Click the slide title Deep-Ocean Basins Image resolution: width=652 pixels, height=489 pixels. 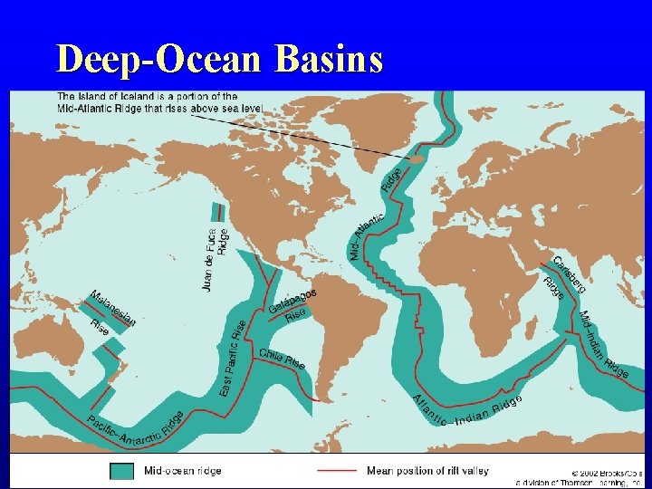click(x=219, y=59)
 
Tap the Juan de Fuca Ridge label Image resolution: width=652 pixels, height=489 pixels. click(x=216, y=258)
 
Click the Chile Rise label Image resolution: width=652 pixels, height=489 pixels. click(x=282, y=359)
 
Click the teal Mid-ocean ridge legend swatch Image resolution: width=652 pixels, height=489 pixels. click(x=121, y=470)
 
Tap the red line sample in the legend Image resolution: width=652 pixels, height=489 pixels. click(x=336, y=471)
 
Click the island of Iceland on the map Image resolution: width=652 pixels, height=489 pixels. click(x=414, y=158)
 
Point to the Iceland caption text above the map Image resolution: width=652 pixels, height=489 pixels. click(x=159, y=102)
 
